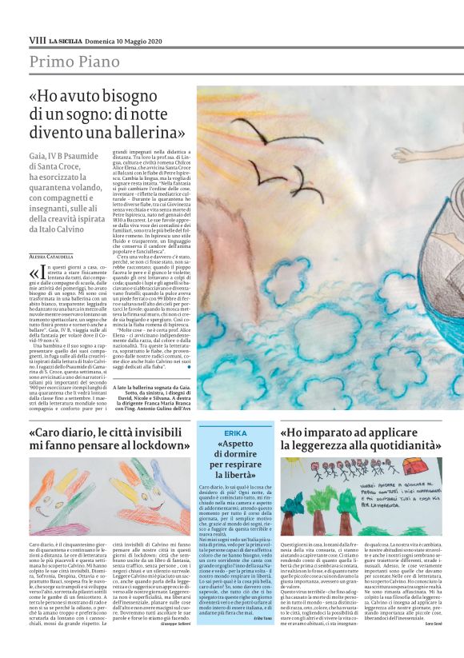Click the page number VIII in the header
click(x=37, y=39)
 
